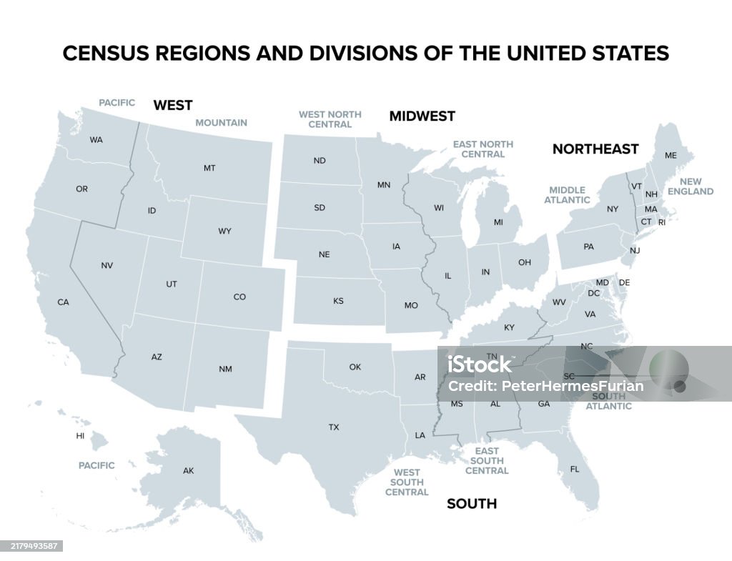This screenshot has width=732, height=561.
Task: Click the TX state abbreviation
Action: click(334, 427)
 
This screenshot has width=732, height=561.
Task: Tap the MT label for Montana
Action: click(209, 168)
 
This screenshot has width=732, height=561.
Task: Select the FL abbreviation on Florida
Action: click(575, 470)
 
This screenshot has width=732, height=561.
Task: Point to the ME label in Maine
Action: click(671, 155)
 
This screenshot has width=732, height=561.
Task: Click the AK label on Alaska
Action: click(188, 470)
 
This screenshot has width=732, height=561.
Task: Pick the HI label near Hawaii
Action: click(80, 435)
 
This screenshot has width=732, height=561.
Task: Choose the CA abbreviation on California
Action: click(63, 302)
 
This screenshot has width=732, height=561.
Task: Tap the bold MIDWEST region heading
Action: click(422, 116)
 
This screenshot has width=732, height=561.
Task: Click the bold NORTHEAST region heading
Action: click(595, 149)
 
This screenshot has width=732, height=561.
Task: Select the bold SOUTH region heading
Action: click(471, 504)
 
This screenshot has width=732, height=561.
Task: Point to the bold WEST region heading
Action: click(173, 105)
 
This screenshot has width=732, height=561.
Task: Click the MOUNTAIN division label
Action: click(222, 123)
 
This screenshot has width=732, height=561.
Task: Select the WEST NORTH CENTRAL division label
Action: click(330, 119)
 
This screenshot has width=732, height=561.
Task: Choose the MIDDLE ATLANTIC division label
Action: click(567, 195)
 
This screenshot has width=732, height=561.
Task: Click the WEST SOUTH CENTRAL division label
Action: click(407, 482)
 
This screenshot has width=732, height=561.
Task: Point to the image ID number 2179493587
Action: click(31, 546)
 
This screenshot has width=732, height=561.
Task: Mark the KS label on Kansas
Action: click(338, 301)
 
